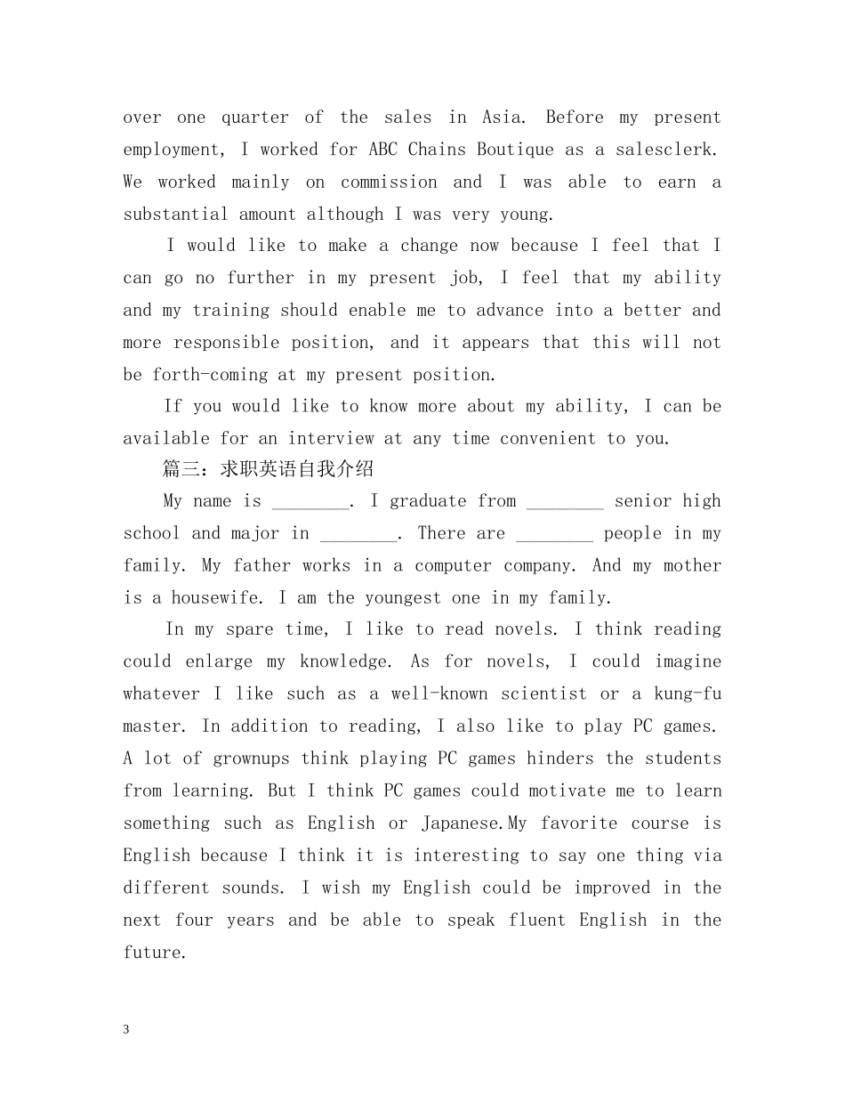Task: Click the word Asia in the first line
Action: (x=503, y=118)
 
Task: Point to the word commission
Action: (x=389, y=182)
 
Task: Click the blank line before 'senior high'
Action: (x=565, y=502)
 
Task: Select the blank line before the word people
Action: (x=554, y=534)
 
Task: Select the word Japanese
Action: (x=463, y=823)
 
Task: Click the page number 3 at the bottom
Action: (x=126, y=1030)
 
